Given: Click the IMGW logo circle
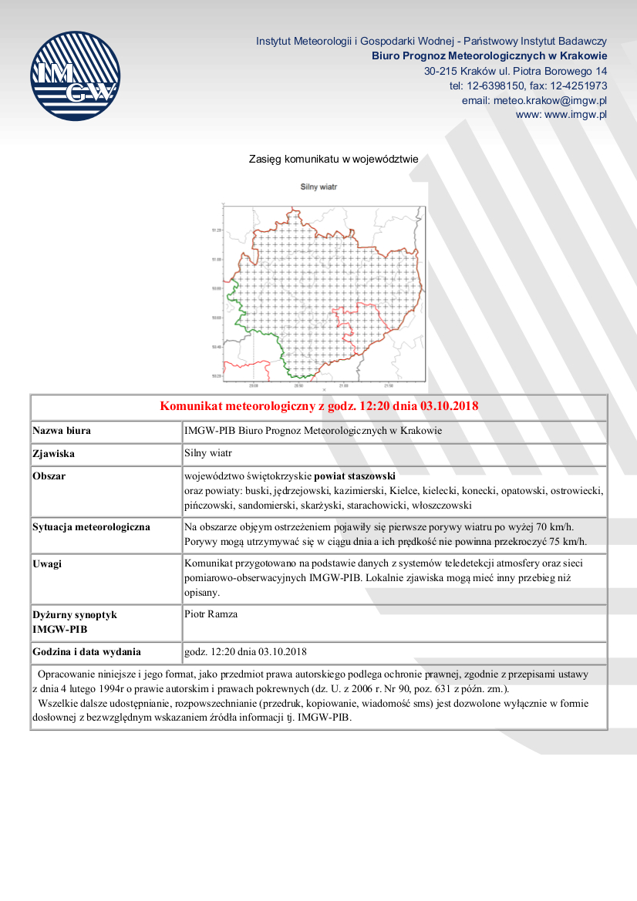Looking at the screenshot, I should click(75, 76).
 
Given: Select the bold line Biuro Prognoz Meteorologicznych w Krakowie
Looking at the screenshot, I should click(489, 55).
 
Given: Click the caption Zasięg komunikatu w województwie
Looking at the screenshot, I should click(333, 160).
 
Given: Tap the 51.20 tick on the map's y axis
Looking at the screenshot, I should click(216, 230).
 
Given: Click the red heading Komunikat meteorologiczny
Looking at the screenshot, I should click(318, 406).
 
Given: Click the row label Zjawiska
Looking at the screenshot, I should click(53, 454).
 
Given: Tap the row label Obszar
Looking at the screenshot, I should click(49, 476).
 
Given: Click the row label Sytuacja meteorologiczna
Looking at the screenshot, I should click(91, 527).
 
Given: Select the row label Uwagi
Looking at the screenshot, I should click(48, 563).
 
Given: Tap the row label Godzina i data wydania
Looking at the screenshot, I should click(86, 651).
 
